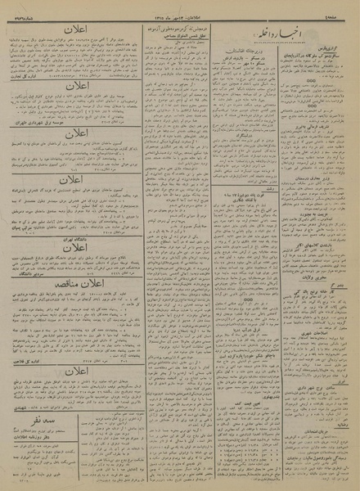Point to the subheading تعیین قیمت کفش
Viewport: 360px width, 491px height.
pyautogui.click(x=245, y=372)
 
